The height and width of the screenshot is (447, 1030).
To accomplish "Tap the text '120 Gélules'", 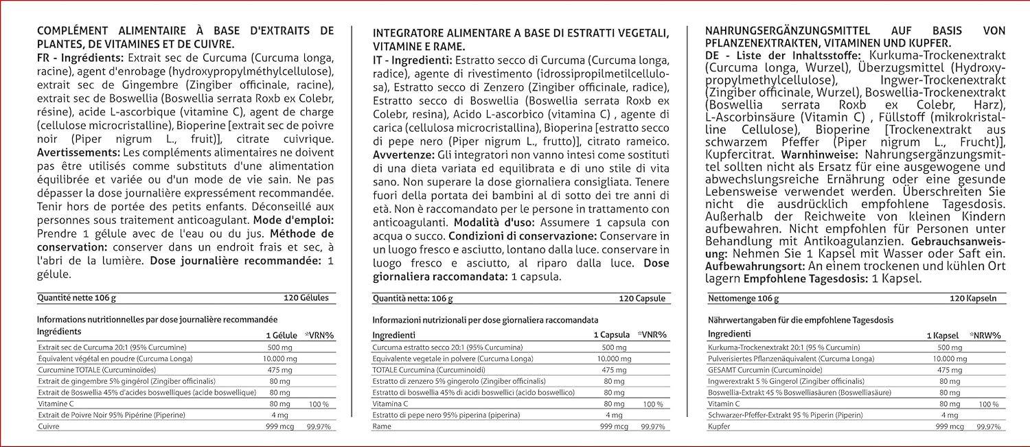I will [306, 298].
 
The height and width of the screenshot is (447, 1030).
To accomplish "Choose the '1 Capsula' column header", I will [611, 335].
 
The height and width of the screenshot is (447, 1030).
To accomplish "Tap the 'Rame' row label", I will [382, 426].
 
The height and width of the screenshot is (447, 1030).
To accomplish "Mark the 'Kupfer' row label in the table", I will [718, 426].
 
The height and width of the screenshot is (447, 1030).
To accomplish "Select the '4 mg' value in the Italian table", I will [614, 415].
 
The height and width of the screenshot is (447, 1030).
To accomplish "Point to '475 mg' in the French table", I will [280, 369].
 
